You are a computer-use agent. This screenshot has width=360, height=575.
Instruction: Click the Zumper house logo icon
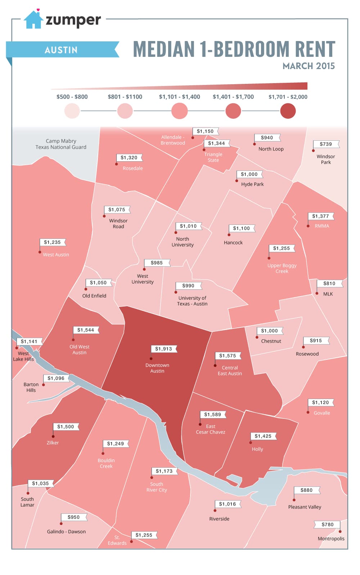tap(33, 20)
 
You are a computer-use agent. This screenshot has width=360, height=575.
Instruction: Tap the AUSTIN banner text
tap(61, 50)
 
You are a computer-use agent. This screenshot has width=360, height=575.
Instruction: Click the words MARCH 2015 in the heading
tap(309, 66)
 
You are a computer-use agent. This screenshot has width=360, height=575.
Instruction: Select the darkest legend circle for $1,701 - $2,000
tap(288, 111)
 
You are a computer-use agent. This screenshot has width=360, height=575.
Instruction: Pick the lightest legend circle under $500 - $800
tap(72, 111)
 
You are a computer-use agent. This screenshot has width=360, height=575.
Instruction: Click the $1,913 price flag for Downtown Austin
tap(164, 349)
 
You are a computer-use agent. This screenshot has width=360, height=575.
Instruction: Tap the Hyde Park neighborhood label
tap(252, 184)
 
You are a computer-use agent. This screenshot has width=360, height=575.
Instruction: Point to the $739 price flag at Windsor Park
tap(326, 144)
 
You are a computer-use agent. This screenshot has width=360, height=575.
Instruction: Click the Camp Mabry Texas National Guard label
tap(61, 144)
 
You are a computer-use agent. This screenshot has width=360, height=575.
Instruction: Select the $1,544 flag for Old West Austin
tap(86, 330)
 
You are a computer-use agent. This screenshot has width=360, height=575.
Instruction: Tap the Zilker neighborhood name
tap(53, 443)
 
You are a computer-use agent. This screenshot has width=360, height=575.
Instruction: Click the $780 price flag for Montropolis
tap(328, 525)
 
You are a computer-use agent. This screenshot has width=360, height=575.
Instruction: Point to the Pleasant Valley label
tap(305, 507)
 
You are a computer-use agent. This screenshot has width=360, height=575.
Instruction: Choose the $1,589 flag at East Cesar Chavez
tap(213, 415)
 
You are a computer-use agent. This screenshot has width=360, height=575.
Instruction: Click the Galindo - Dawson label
tap(66, 531)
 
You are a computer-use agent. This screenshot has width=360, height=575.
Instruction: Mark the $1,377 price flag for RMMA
tap(320, 216)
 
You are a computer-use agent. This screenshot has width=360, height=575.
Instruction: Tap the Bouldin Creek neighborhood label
tap(106, 463)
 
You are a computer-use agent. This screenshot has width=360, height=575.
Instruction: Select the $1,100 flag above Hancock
tap(241, 228)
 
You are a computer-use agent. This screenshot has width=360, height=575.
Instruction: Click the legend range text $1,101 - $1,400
tap(179, 97)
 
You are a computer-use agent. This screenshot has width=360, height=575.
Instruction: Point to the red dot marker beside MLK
tap(317, 293)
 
